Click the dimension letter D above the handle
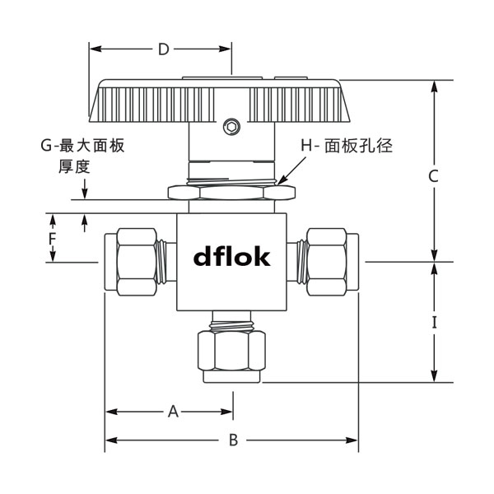(x=163, y=49)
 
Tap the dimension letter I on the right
(x=435, y=323)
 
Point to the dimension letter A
(x=173, y=410)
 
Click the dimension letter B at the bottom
(x=233, y=440)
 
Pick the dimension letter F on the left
(x=51, y=239)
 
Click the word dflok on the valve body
(x=231, y=258)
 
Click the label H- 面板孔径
(x=349, y=146)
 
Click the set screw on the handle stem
(x=232, y=126)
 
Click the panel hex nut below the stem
(x=231, y=193)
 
